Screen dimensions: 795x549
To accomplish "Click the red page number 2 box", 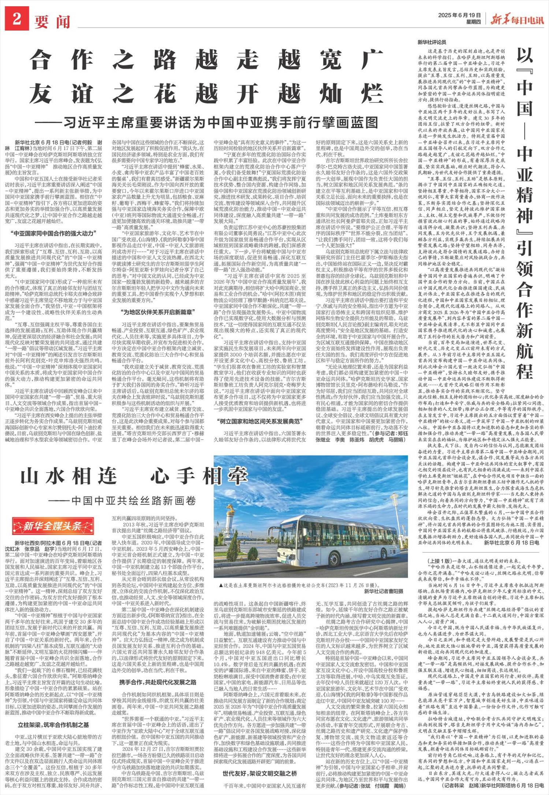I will click(16, 19).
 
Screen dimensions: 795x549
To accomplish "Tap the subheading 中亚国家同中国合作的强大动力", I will click(53, 233).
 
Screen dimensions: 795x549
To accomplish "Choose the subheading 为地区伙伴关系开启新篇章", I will click(158, 312).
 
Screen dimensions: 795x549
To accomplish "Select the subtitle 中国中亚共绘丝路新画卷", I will click(123, 500).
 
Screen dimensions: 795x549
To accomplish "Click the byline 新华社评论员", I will click(432, 42).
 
